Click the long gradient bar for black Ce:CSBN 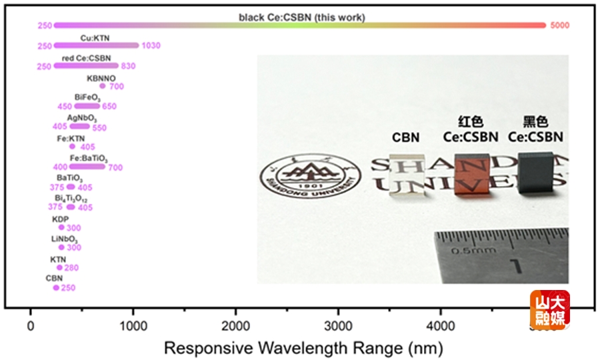[x=300, y=25]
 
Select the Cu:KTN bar [x=96, y=45]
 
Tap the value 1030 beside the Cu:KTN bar [x=151, y=46]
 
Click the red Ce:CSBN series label [x=86, y=58]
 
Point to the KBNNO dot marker [x=102, y=86]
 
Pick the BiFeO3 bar [x=87, y=106]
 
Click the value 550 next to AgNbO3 [x=99, y=127]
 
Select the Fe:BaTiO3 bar [x=87, y=167]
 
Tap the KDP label [x=60, y=219]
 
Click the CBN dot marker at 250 [x=56, y=287]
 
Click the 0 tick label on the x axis [x=30, y=327]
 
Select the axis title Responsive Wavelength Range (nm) [x=303, y=347]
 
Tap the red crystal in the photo [x=471, y=175]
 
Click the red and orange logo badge [x=549, y=310]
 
